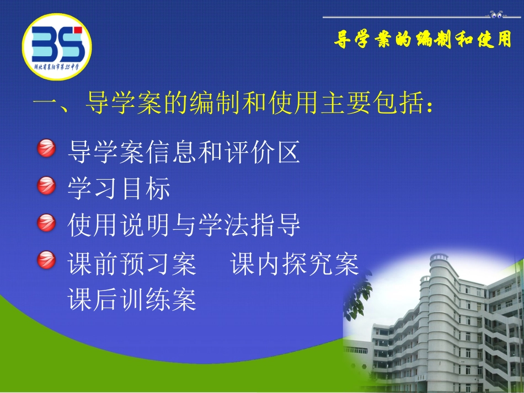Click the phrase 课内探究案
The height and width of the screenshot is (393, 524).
(x=295, y=265)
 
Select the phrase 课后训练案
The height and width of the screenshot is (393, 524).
(x=132, y=300)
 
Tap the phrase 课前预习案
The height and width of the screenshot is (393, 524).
(x=132, y=265)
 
